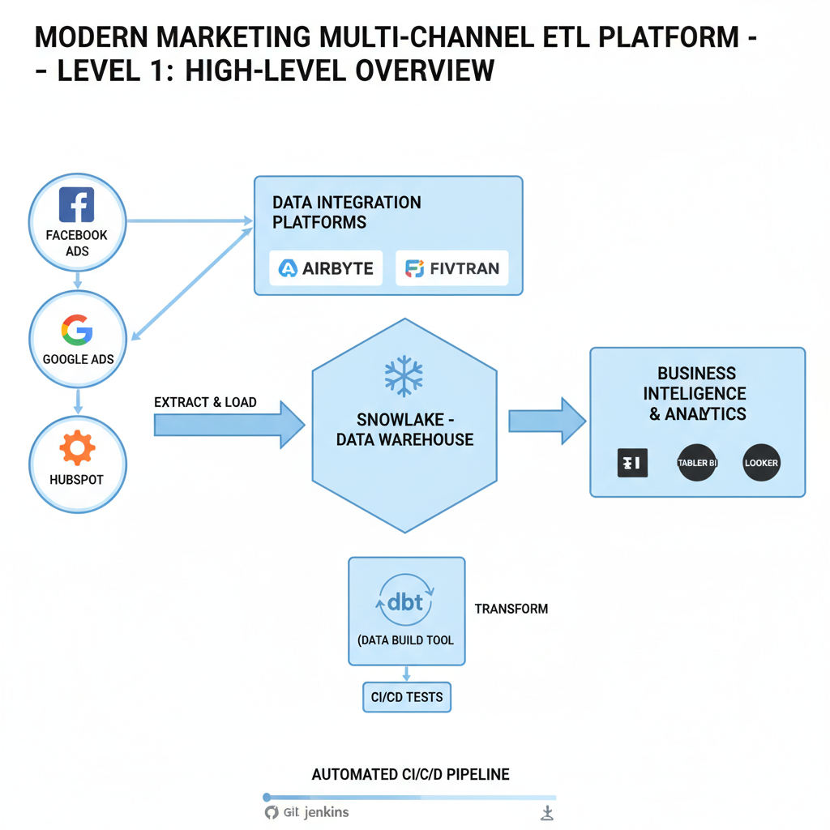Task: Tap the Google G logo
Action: (77, 331)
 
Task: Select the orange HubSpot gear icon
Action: (78, 448)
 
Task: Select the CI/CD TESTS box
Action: (407, 696)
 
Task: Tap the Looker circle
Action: (760, 464)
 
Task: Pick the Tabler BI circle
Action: (697, 464)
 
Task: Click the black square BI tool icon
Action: (632, 464)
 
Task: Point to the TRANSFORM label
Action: (511, 609)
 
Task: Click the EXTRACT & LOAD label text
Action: (205, 402)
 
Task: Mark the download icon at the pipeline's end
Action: (547, 813)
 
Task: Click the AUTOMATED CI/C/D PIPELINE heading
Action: (410, 774)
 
